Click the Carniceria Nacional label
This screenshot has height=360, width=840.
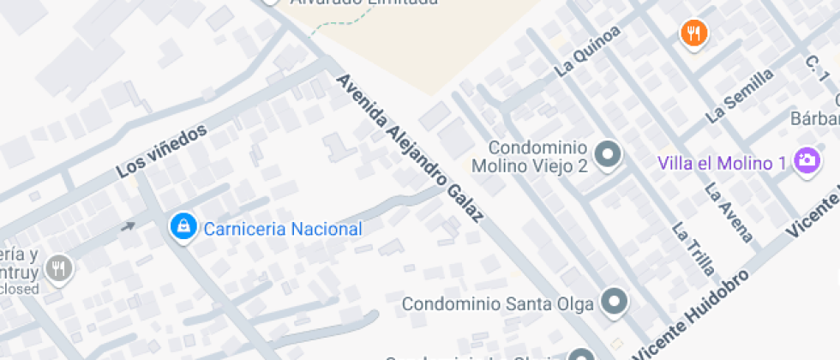tap(282, 229)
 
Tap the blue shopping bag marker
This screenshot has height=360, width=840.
tap(182, 226)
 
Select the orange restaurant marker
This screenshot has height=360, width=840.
tap(693, 33)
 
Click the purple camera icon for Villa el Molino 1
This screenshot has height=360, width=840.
tap(807, 159)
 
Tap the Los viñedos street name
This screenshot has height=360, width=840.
tap(163, 152)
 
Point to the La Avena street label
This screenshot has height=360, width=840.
tap(729, 213)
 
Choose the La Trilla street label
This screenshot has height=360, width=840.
tap(693, 249)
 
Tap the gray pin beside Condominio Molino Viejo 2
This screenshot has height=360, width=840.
tap(609, 154)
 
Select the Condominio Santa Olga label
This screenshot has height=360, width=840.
tap(497, 303)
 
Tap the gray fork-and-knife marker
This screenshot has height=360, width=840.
tap(58, 268)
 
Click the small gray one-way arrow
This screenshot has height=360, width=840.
tap(128, 226)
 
